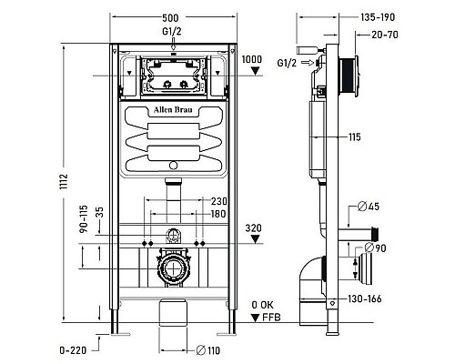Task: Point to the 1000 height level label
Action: (254, 59)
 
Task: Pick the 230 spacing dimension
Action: (219, 201)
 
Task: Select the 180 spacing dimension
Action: (219, 214)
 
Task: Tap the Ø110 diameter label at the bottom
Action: (213, 349)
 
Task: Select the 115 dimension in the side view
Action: (354, 136)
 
